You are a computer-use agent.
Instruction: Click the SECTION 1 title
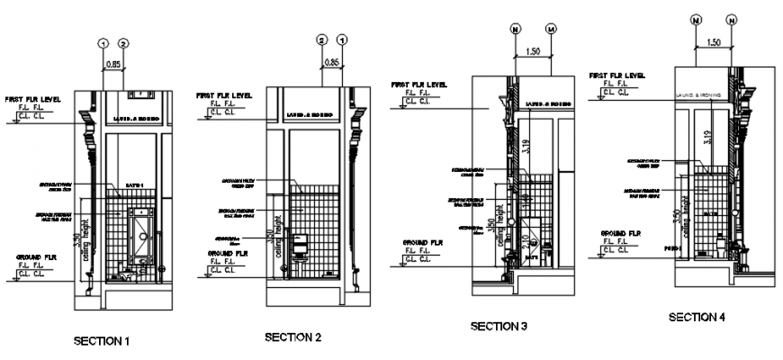coord(102,341)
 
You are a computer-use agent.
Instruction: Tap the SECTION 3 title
coord(499,326)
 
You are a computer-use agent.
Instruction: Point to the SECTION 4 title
coord(696,318)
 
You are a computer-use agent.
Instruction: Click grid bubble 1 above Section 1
coord(103,43)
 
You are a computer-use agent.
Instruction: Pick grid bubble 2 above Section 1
coord(124,43)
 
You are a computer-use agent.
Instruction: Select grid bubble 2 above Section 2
coord(321,40)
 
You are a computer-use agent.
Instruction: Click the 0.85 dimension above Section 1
coord(113,64)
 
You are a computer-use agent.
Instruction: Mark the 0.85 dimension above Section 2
coord(332,62)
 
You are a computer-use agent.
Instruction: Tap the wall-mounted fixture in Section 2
coord(303,243)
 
